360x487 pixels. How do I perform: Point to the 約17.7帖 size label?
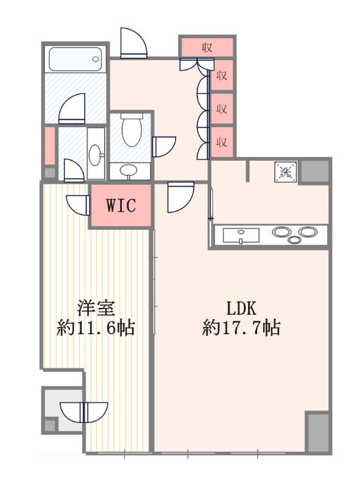[x=241, y=329]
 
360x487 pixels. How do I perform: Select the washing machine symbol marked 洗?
[x=285, y=171]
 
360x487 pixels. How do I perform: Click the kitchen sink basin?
[x=241, y=235]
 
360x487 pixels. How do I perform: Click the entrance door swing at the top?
[x=132, y=44]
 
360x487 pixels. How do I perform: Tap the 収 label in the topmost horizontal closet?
[x=207, y=47]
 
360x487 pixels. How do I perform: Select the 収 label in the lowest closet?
[x=222, y=142]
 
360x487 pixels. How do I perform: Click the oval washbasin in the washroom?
[x=96, y=155]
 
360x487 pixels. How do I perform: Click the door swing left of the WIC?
[x=78, y=204]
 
